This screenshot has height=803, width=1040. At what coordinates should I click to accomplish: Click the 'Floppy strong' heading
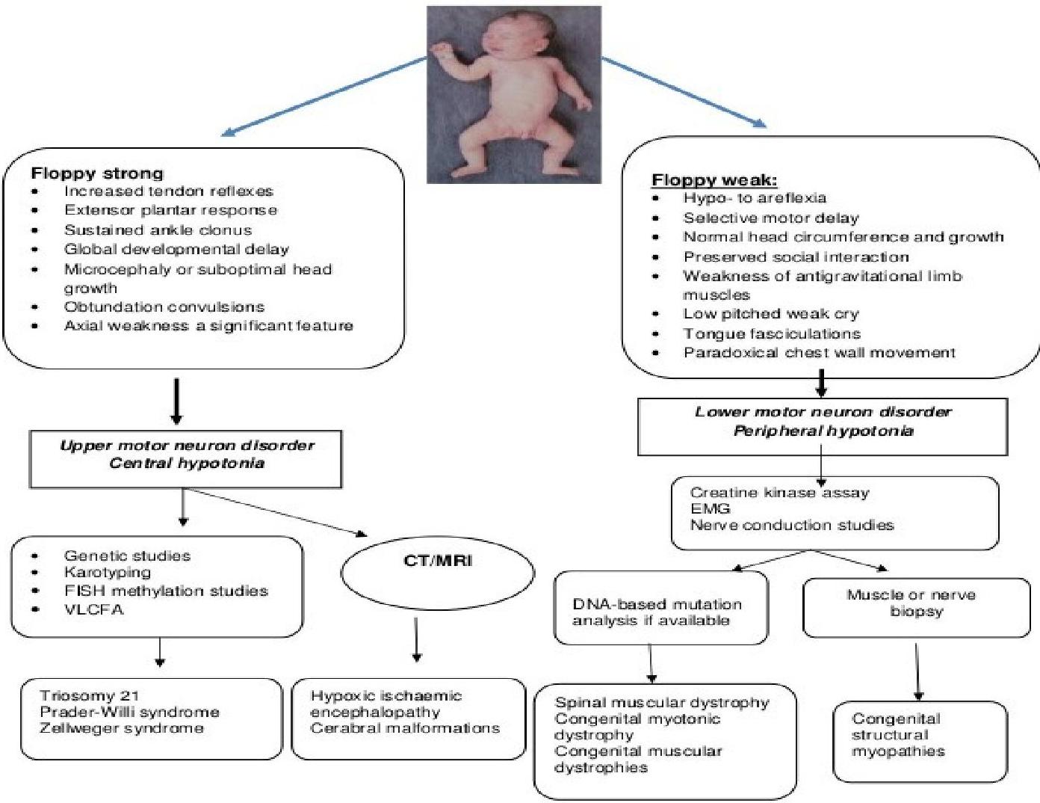click(x=96, y=173)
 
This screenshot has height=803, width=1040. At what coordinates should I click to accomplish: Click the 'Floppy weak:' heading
click(x=714, y=179)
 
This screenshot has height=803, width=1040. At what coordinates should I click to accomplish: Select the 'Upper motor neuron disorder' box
click(x=186, y=455)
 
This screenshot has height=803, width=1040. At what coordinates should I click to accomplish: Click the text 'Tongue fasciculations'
click(x=771, y=333)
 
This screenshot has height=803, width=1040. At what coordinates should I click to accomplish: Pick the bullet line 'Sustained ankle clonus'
click(x=158, y=230)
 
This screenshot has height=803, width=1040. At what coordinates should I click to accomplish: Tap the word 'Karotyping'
click(x=107, y=573)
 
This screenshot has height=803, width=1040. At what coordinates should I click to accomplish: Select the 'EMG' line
click(x=710, y=509)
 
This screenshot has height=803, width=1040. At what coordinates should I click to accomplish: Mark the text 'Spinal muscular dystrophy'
click(x=661, y=703)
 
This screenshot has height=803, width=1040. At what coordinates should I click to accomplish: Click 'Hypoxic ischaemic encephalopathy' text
click(x=386, y=704)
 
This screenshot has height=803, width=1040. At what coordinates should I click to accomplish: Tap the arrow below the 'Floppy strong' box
click(x=176, y=401)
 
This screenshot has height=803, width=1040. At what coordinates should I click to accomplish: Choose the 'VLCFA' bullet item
click(x=93, y=609)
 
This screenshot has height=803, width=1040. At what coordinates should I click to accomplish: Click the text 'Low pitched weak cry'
click(x=770, y=314)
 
